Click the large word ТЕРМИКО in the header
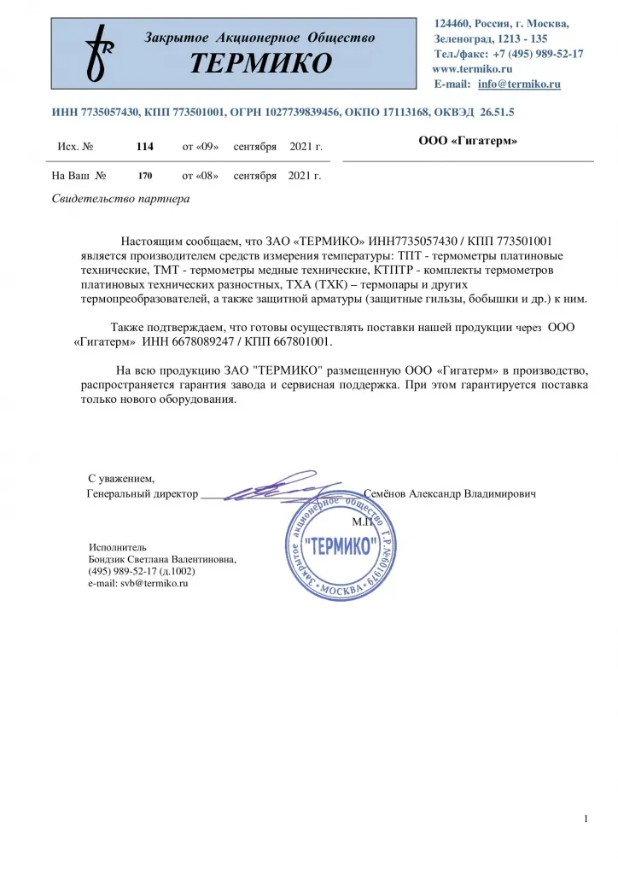point(260,63)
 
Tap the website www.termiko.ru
point(472,68)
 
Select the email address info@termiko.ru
point(519,84)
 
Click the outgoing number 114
point(144,147)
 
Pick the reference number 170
point(144,177)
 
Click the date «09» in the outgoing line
point(209,147)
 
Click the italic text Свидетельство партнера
point(121,199)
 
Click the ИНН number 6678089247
point(176,341)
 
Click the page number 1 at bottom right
point(586,819)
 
